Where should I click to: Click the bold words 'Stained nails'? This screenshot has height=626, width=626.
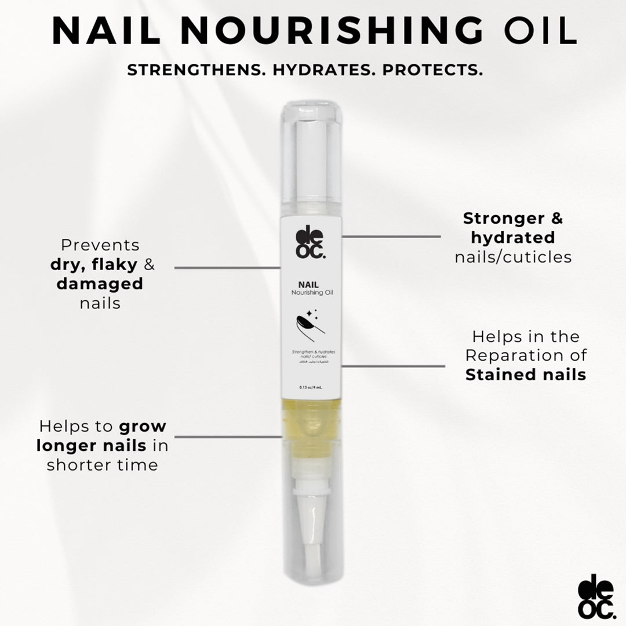[525, 374]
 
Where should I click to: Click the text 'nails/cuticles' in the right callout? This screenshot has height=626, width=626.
[513, 257]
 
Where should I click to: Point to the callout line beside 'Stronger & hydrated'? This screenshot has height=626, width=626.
[391, 236]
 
